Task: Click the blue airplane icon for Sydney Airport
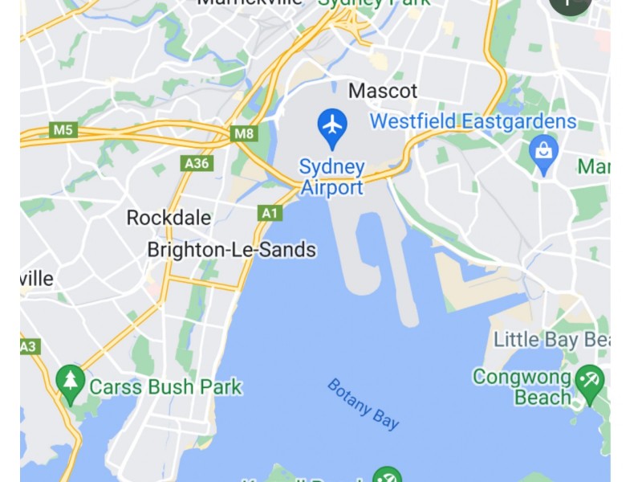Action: pos(331,125)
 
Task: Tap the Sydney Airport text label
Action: pos(331,178)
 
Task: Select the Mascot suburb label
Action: pos(383,90)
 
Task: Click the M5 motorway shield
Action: pos(62,129)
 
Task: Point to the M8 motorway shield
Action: pos(245,133)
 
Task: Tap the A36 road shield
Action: pos(197,164)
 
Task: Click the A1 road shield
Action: pos(270,213)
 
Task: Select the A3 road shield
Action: pos(29,346)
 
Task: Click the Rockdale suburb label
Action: pos(169,218)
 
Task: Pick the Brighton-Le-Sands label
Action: pos(231,250)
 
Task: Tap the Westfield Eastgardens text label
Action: pos(473,122)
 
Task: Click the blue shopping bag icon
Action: pos(544,151)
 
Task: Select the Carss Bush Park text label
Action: pos(165,386)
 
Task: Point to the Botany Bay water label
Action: pos(363,404)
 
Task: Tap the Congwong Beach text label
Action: pos(522,386)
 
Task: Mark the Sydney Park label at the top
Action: pos(374,2)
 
